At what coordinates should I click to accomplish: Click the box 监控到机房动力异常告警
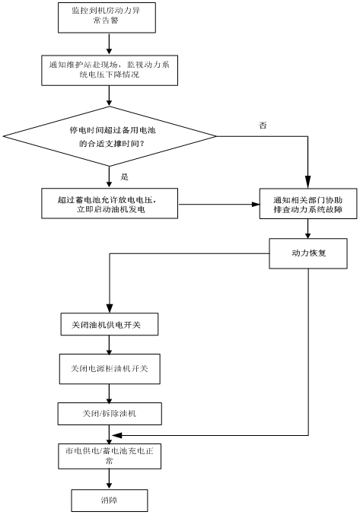107,17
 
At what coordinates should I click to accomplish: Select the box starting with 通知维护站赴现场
110,70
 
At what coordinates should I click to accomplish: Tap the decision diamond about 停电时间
110,136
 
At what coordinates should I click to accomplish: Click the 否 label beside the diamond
263,126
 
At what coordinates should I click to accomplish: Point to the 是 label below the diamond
124,177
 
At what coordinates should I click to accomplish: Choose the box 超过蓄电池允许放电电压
110,203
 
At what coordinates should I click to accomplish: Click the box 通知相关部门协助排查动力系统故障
308,204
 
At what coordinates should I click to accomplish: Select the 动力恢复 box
308,253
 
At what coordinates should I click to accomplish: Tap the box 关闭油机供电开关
110,324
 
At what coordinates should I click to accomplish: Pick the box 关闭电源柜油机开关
110,369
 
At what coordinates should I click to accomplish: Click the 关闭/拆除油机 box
110,414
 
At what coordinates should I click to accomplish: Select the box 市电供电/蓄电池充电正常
110,456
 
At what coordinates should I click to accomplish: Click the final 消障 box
110,501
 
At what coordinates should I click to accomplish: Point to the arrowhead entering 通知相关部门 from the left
256,205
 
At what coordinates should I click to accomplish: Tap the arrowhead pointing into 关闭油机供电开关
110,309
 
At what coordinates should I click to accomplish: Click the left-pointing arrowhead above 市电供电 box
117,436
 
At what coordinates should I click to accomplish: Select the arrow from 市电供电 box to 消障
110,479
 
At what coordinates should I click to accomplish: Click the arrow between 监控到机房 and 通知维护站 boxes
110,44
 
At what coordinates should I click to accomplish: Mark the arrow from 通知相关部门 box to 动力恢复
307,229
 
